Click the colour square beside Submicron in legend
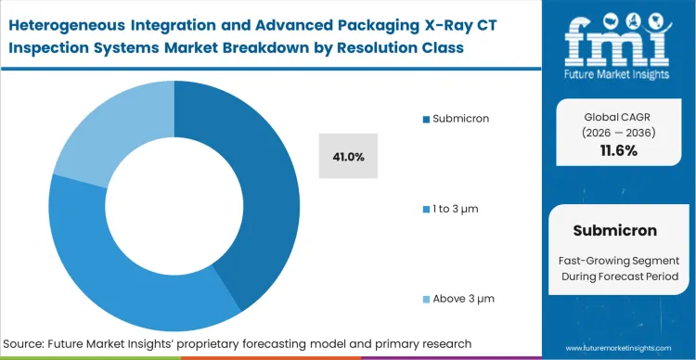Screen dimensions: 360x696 426,119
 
